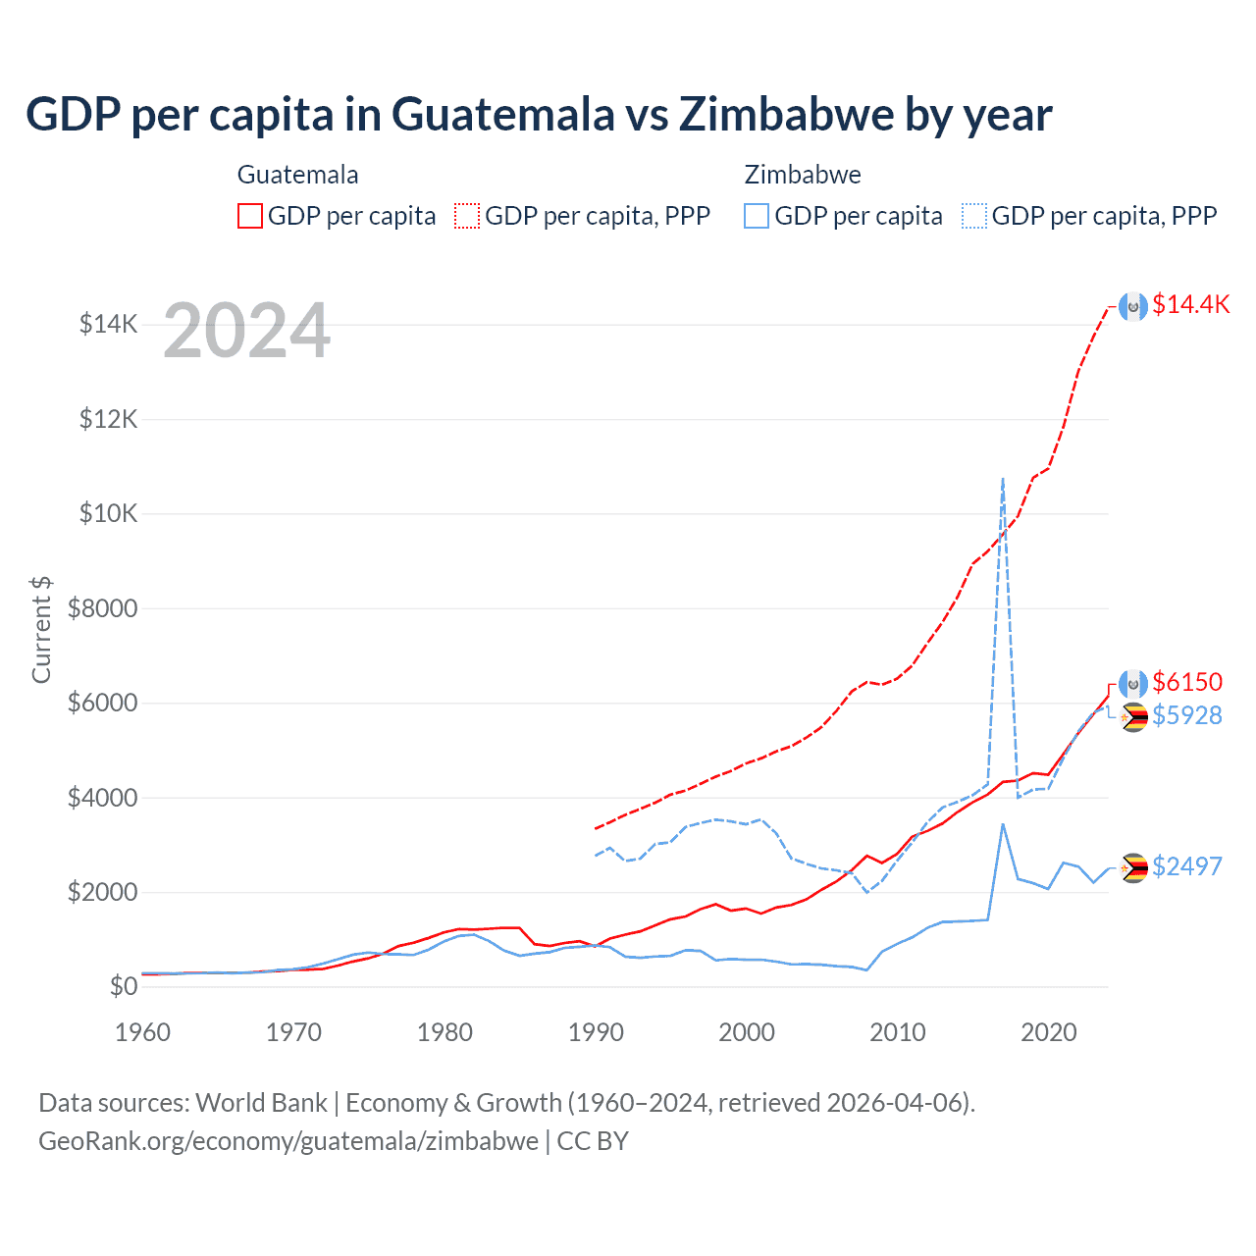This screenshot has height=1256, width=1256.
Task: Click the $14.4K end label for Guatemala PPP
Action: (x=1190, y=305)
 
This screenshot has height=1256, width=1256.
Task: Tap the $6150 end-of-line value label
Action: (x=1187, y=682)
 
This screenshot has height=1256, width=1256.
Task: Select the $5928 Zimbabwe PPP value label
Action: (x=1187, y=715)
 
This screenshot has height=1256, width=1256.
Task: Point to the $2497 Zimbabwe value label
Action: (x=1187, y=866)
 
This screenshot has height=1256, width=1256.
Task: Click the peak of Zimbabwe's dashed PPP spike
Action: (x=1002, y=479)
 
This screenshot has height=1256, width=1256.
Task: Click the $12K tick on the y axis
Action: (x=109, y=419)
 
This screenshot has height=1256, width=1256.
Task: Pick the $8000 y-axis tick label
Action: (x=102, y=608)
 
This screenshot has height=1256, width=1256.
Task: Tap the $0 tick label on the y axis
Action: (x=123, y=986)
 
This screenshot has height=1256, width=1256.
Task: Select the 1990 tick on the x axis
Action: (x=596, y=1032)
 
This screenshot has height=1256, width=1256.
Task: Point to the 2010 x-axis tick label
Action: (x=898, y=1032)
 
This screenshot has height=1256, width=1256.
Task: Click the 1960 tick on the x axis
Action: (x=143, y=1032)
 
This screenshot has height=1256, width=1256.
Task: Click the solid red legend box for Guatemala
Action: (x=250, y=216)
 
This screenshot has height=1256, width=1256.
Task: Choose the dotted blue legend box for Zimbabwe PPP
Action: (x=974, y=216)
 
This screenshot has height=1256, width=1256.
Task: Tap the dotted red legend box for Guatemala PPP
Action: (x=468, y=216)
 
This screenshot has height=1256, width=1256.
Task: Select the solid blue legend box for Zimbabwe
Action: (x=757, y=216)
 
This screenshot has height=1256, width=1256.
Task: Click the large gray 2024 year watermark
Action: (x=246, y=331)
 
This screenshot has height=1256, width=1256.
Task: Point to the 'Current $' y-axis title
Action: (x=41, y=629)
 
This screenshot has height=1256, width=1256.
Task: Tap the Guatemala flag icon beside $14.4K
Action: (x=1133, y=306)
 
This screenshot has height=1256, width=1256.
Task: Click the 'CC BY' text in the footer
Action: (x=593, y=1141)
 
